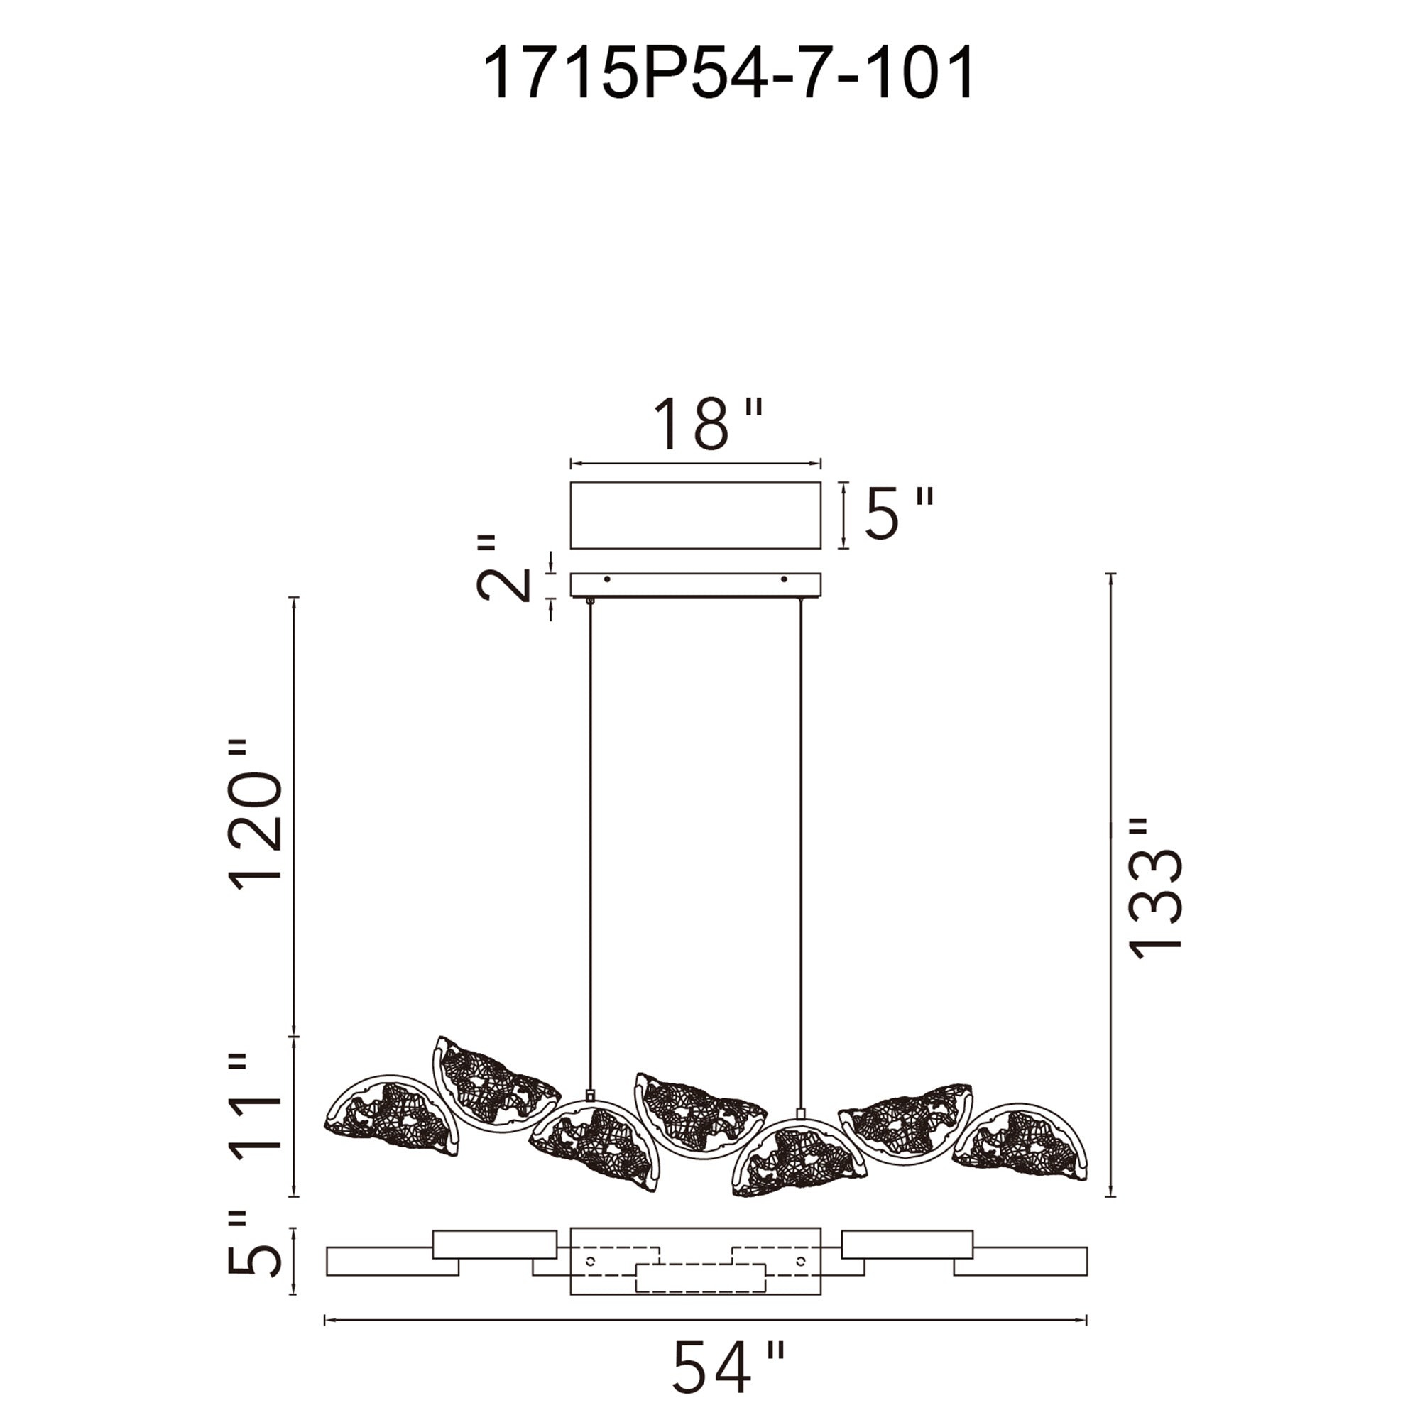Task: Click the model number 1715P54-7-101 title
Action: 728,72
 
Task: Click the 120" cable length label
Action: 256,816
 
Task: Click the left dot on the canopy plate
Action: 606,579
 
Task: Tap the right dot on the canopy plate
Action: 784,579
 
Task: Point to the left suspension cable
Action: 589,845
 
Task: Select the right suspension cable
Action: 800,845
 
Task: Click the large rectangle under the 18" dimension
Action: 695,515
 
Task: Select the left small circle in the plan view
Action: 589,1261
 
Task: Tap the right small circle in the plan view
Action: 800,1261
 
